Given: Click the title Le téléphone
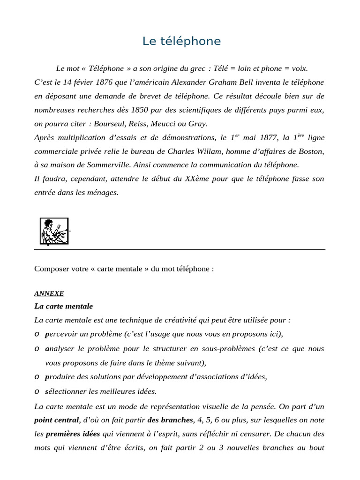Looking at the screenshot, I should click(x=181, y=41).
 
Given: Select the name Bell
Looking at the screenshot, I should click(x=246, y=82).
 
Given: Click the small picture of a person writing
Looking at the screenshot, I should click(x=54, y=231).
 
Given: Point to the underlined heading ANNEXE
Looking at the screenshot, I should click(x=49, y=294).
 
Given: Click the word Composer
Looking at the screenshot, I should click(x=51, y=269).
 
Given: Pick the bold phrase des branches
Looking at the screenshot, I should click(x=170, y=420).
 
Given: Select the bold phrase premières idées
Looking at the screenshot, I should click(x=73, y=434).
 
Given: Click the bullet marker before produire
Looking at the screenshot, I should click(x=37, y=377).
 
